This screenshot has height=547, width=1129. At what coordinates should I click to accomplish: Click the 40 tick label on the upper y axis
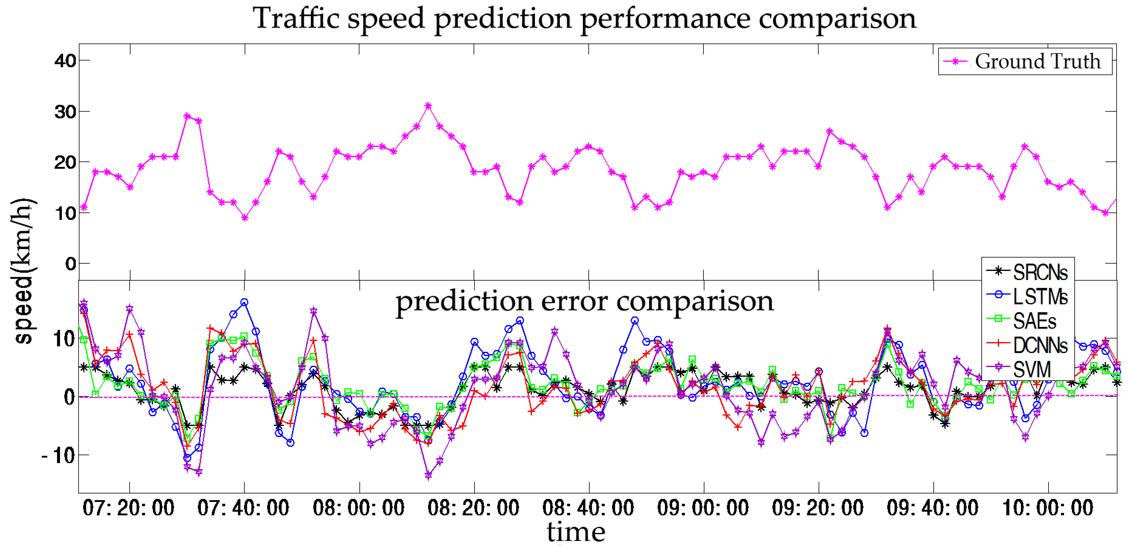[x=66, y=61]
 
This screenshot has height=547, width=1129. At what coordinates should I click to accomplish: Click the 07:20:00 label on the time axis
[x=128, y=508]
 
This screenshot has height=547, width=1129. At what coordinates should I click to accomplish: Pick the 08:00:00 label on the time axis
[x=359, y=508]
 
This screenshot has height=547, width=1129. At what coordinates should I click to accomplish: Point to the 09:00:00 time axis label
[x=703, y=508]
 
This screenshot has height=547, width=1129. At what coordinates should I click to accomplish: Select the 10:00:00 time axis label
[x=1047, y=508]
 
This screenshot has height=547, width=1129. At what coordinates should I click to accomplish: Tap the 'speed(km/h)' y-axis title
[x=23, y=272]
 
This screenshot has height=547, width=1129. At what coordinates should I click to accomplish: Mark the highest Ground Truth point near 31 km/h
[x=428, y=106]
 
